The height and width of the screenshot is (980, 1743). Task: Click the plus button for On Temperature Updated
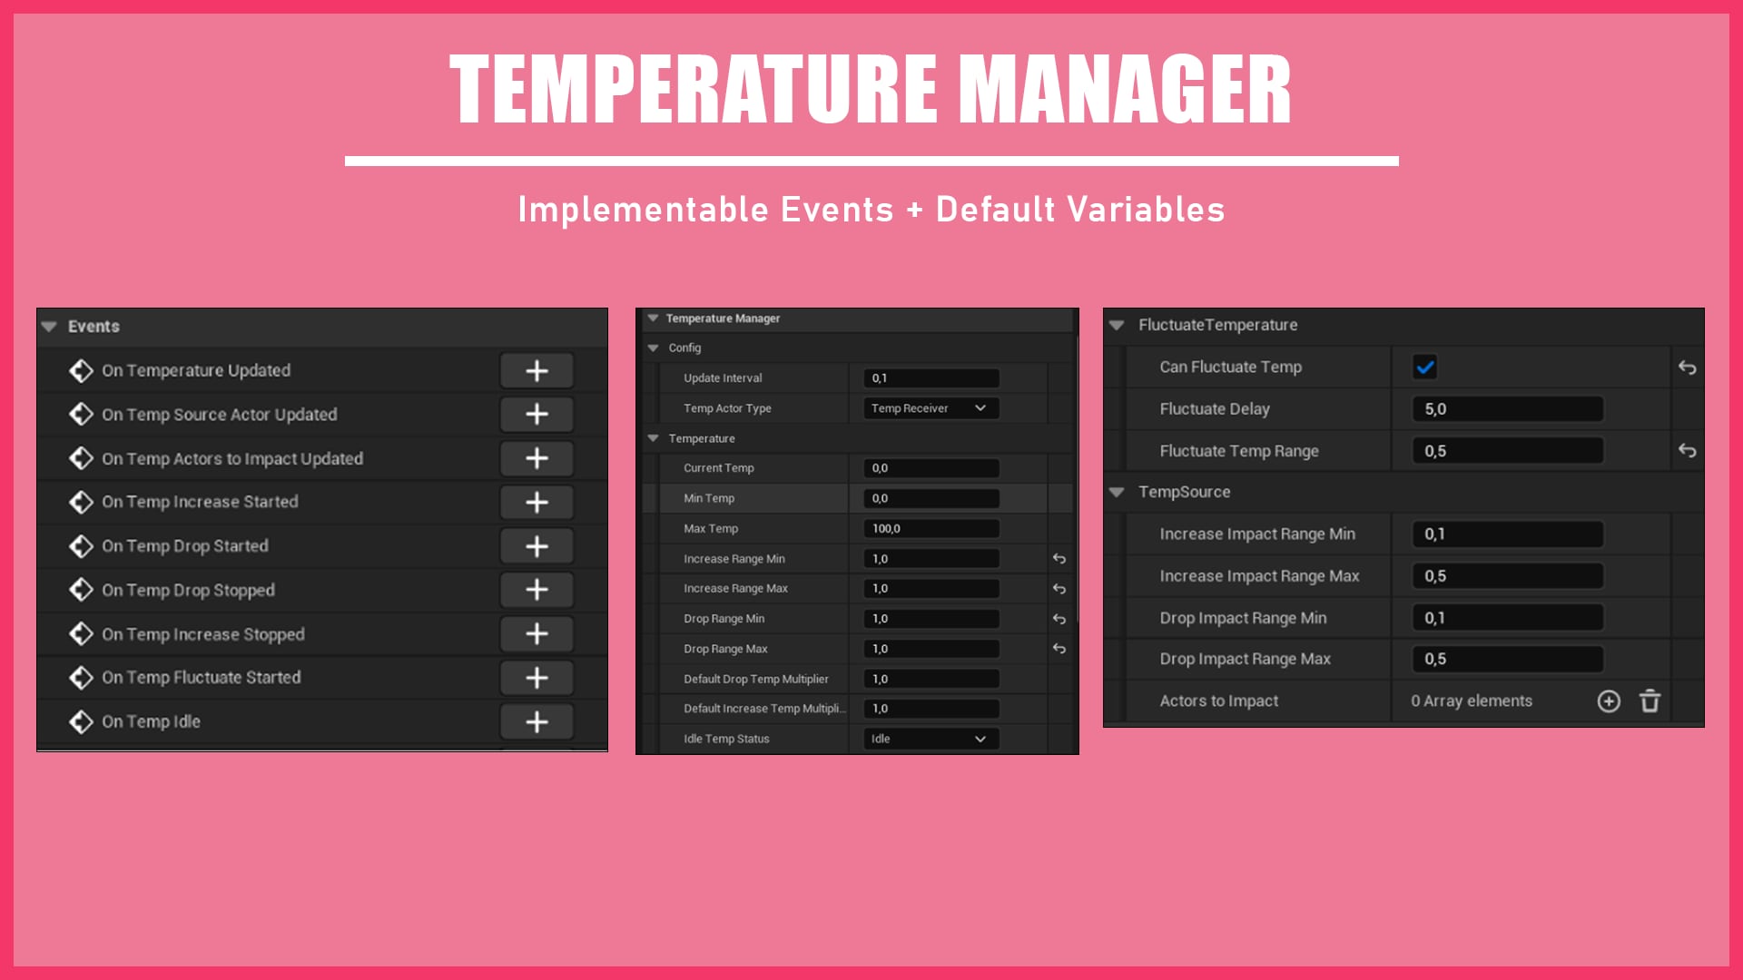click(x=537, y=370)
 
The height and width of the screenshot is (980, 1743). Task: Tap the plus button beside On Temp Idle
click(x=537, y=721)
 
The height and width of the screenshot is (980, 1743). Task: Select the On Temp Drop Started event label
click(x=185, y=545)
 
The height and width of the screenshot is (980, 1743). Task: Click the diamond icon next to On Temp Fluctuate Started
click(x=82, y=677)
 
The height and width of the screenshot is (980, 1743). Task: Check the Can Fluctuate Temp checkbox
click(x=1424, y=367)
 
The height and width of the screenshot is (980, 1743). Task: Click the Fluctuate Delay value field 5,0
click(x=1507, y=409)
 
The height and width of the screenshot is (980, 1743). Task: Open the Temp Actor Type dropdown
click(x=930, y=408)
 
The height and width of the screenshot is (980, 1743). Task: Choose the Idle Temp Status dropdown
click(x=930, y=739)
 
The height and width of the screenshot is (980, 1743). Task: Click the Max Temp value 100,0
click(x=930, y=528)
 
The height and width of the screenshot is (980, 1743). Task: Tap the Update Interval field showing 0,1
click(x=930, y=377)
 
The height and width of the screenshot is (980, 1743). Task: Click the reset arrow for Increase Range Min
click(x=1059, y=559)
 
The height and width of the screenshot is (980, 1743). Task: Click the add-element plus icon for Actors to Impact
click(x=1609, y=701)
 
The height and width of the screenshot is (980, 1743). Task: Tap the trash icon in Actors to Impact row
click(x=1649, y=701)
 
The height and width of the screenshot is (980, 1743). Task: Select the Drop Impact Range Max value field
click(x=1507, y=659)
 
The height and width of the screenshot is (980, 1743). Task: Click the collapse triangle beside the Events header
click(x=49, y=327)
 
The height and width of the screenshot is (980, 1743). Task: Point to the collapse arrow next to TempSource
click(x=1117, y=492)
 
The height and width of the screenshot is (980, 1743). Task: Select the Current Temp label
click(x=719, y=468)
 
